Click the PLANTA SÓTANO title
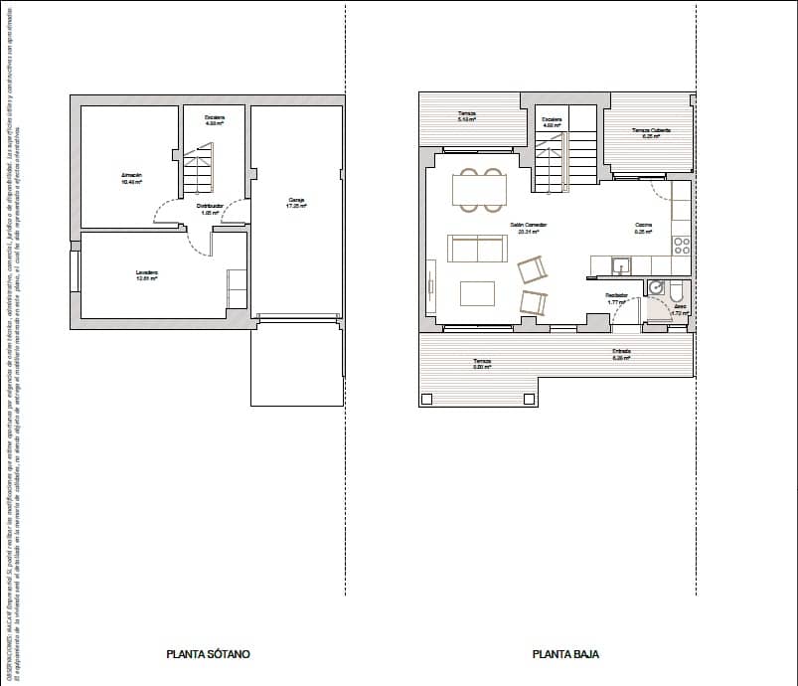pyautogui.click(x=208, y=654)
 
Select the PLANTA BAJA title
pyautogui.click(x=565, y=654)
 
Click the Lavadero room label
pyautogui.click(x=147, y=274)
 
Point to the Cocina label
pyautogui.click(x=644, y=227)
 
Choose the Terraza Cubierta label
pyautogui.click(x=651, y=132)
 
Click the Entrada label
pyautogui.click(x=622, y=353)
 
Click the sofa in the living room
pyautogui.click(x=477, y=248)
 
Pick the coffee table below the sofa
pyautogui.click(x=477, y=293)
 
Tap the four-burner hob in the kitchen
pyautogui.click(x=682, y=244)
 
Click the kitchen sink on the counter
pyautogui.click(x=619, y=264)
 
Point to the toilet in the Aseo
pyautogui.click(x=677, y=290)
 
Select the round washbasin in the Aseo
pyautogui.click(x=656, y=288)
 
